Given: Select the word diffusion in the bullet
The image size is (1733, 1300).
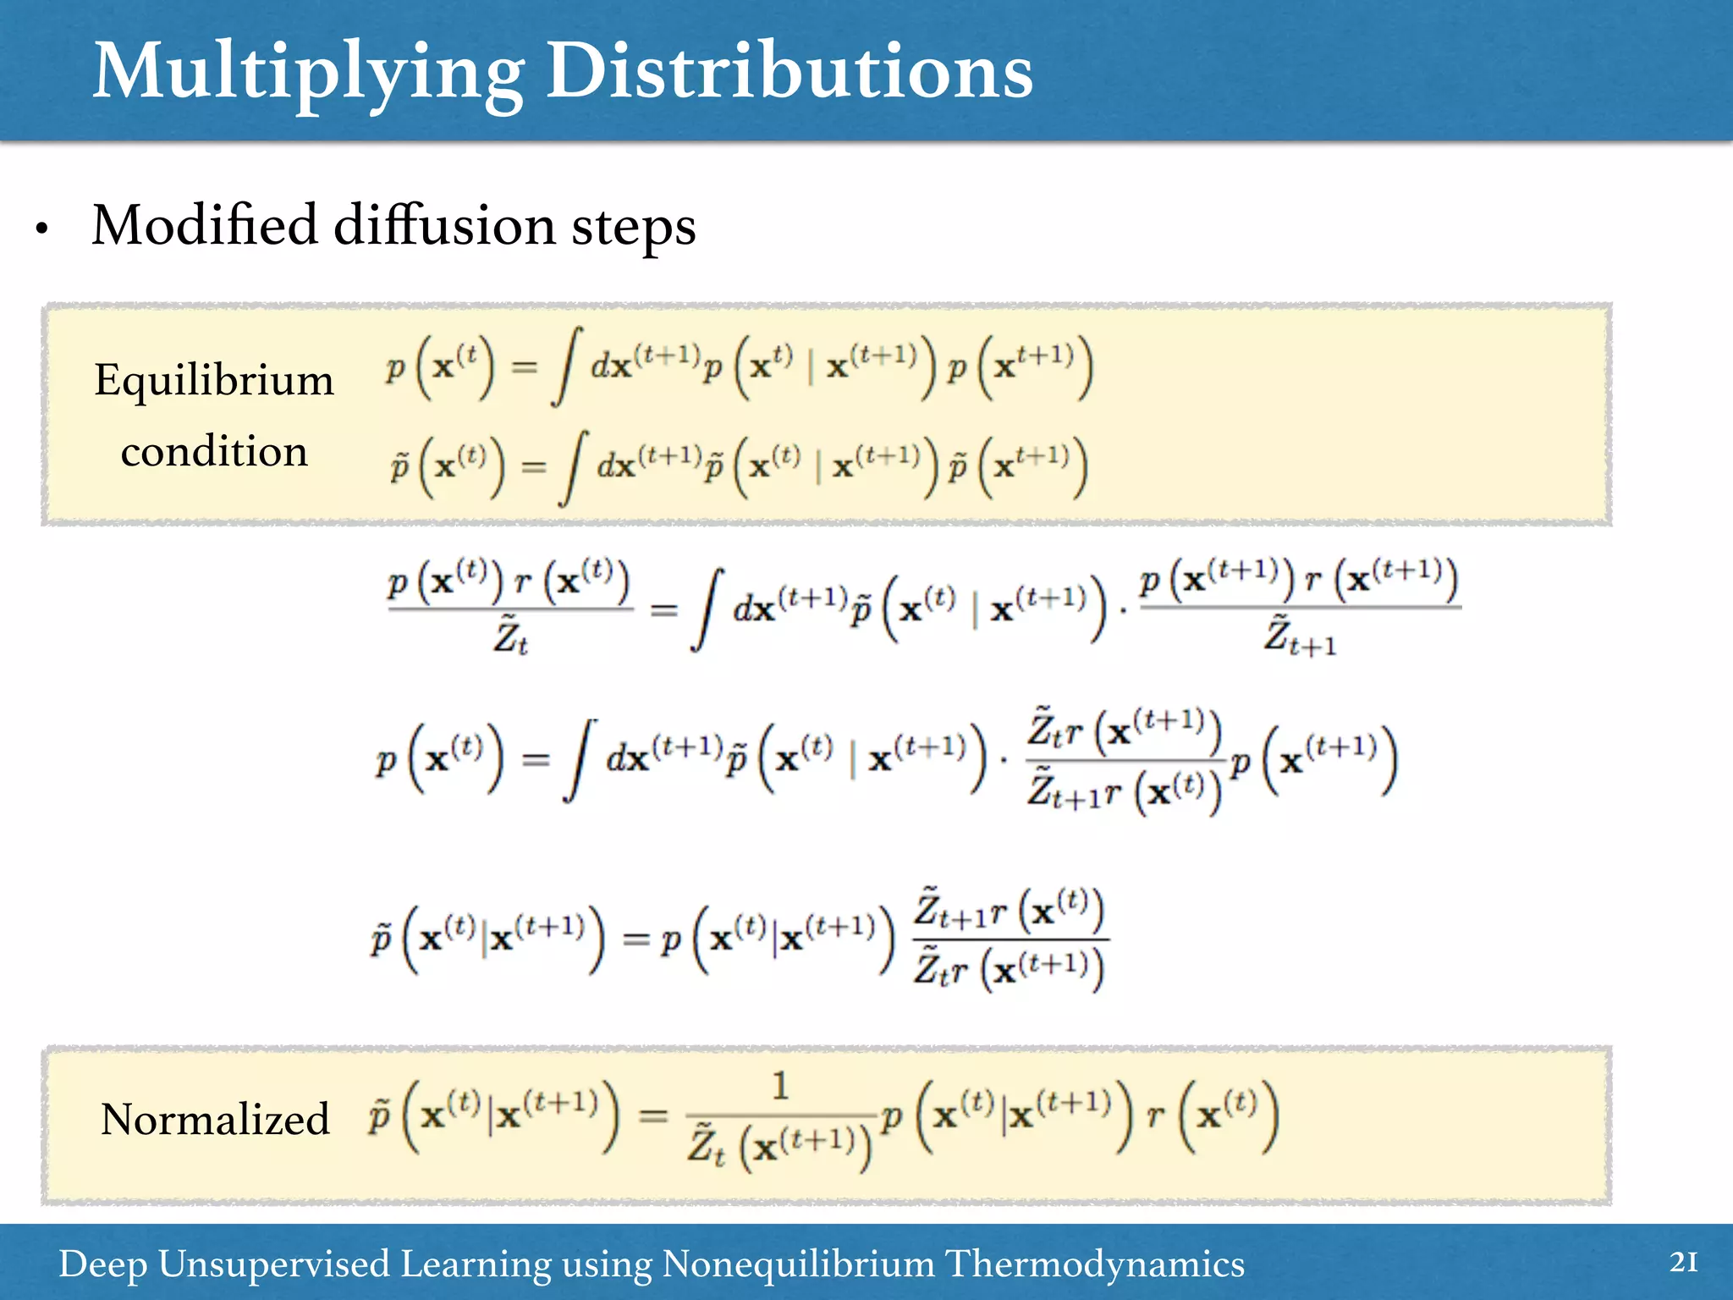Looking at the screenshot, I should click(x=445, y=226).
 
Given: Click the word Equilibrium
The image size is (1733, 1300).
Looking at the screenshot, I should click(x=214, y=380).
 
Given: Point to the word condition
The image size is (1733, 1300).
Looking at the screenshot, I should click(x=214, y=451).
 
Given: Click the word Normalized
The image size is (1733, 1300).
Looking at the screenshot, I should click(x=215, y=1119).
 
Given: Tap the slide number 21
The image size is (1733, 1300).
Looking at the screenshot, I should click(x=1683, y=1263).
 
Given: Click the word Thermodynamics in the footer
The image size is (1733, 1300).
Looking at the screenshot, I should click(x=1094, y=1264).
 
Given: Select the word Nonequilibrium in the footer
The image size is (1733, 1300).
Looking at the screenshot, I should click(x=798, y=1264).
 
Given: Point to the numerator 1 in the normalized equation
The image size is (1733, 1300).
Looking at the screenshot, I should click(x=780, y=1086).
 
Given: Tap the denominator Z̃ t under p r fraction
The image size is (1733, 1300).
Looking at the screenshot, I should click(x=510, y=636).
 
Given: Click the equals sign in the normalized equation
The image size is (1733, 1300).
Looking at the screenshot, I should click(x=653, y=1116).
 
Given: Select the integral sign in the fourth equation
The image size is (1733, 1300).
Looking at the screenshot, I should click(x=579, y=760).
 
